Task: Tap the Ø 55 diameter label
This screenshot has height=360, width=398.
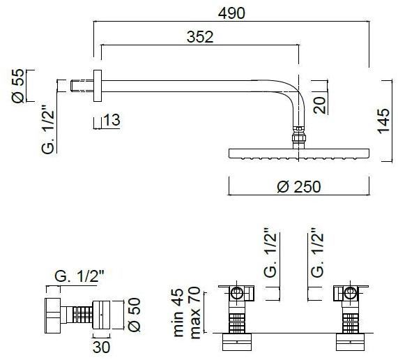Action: (x=19, y=87)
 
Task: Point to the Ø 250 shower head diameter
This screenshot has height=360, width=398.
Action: (x=298, y=187)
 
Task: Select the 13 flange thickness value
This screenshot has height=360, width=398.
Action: (x=112, y=120)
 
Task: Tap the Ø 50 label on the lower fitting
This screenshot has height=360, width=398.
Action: (x=135, y=313)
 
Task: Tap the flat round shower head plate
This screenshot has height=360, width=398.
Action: (x=299, y=153)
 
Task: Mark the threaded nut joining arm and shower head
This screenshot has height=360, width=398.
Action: (x=298, y=135)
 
